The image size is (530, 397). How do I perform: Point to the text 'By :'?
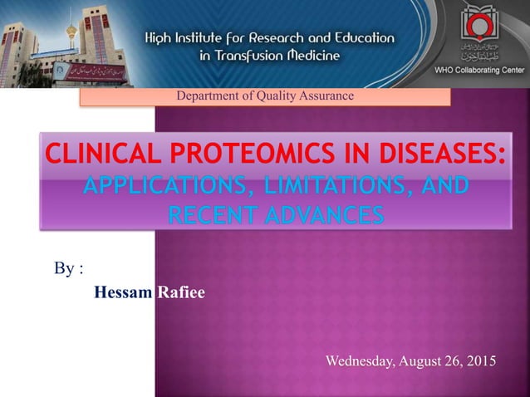[69, 268]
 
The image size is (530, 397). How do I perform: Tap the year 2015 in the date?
[478, 361]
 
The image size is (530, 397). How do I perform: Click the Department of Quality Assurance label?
[265, 96]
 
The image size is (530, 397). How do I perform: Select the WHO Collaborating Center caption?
[479, 71]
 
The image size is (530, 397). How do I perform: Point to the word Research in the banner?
[283, 38]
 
